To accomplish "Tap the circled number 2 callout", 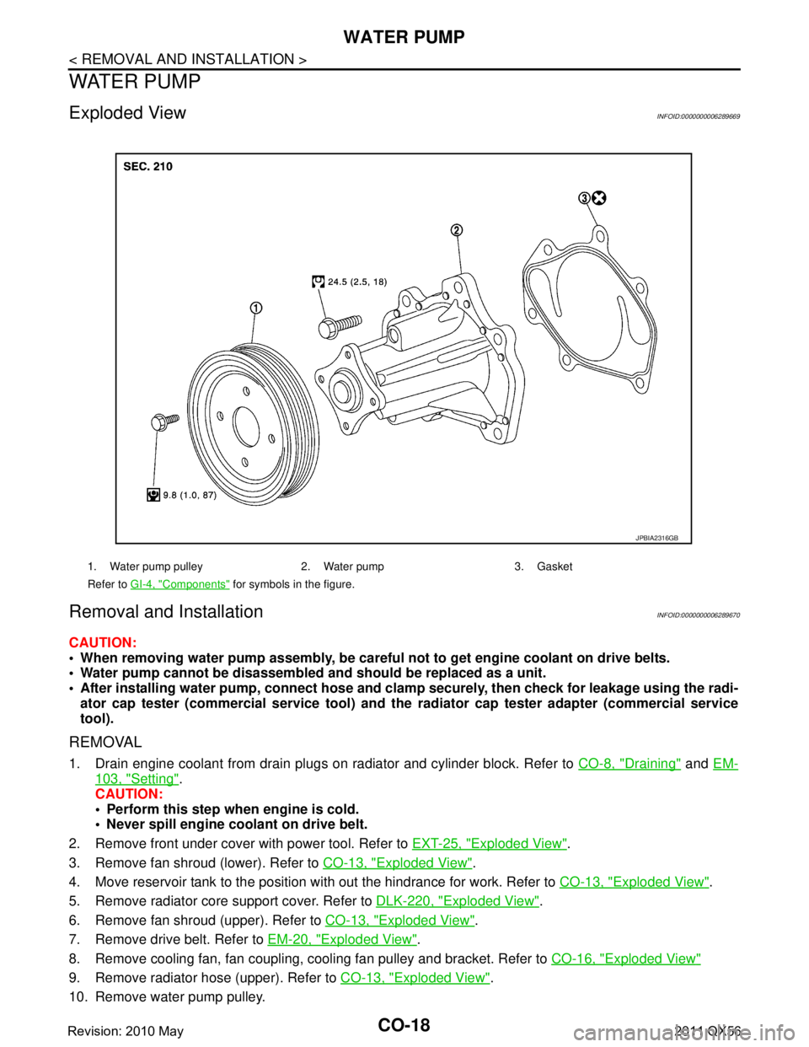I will [x=455, y=230].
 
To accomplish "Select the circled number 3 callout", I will [x=584, y=198].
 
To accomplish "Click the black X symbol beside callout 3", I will [x=599, y=198].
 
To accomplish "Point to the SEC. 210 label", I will [x=147, y=167].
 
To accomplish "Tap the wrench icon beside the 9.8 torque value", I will [x=153, y=496].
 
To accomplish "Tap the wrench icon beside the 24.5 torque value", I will [x=318, y=282].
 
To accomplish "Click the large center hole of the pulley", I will [x=246, y=427].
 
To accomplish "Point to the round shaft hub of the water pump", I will [x=341, y=392].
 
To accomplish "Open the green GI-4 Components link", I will [x=179, y=583].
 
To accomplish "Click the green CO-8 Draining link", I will [x=630, y=764].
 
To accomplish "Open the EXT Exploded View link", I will [x=490, y=842].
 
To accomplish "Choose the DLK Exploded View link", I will [x=457, y=900].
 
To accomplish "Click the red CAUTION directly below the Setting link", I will [x=128, y=794].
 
